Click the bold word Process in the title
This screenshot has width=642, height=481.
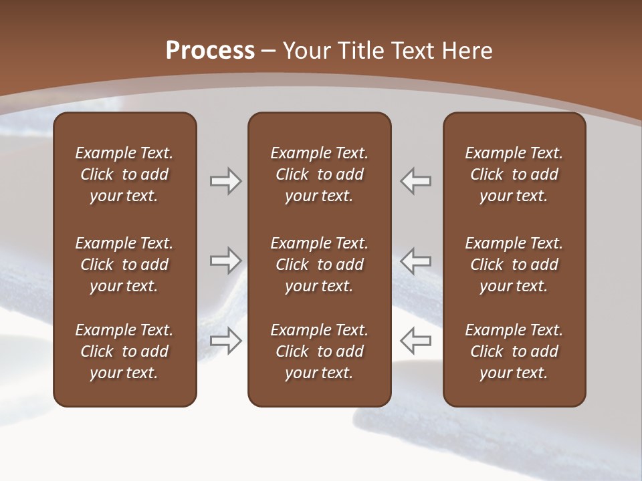pyautogui.click(x=210, y=51)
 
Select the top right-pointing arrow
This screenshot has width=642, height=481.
pyautogui.click(x=226, y=181)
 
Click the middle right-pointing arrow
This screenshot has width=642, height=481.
pyautogui.click(x=226, y=261)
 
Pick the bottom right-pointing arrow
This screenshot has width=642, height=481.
pyautogui.click(x=226, y=340)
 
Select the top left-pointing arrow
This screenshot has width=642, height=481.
pyautogui.click(x=415, y=181)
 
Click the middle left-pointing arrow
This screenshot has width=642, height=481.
pyautogui.click(x=415, y=261)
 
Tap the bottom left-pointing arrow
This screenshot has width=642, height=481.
pyautogui.click(x=415, y=340)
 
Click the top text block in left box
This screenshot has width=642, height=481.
pyautogui.click(x=124, y=174)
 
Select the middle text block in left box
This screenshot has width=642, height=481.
pyautogui.click(x=124, y=265)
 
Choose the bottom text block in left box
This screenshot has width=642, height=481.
pyautogui.click(x=124, y=351)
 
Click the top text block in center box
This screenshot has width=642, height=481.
pyautogui.click(x=319, y=174)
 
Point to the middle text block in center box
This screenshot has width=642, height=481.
pyautogui.click(x=319, y=265)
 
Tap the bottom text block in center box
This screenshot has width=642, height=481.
pyautogui.click(x=319, y=351)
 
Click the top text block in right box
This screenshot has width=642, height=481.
pyautogui.click(x=514, y=174)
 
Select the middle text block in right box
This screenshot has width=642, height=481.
pyautogui.click(x=514, y=265)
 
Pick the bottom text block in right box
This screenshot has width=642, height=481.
pyautogui.click(x=514, y=351)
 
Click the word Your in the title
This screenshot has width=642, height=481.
pyautogui.click(x=306, y=51)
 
